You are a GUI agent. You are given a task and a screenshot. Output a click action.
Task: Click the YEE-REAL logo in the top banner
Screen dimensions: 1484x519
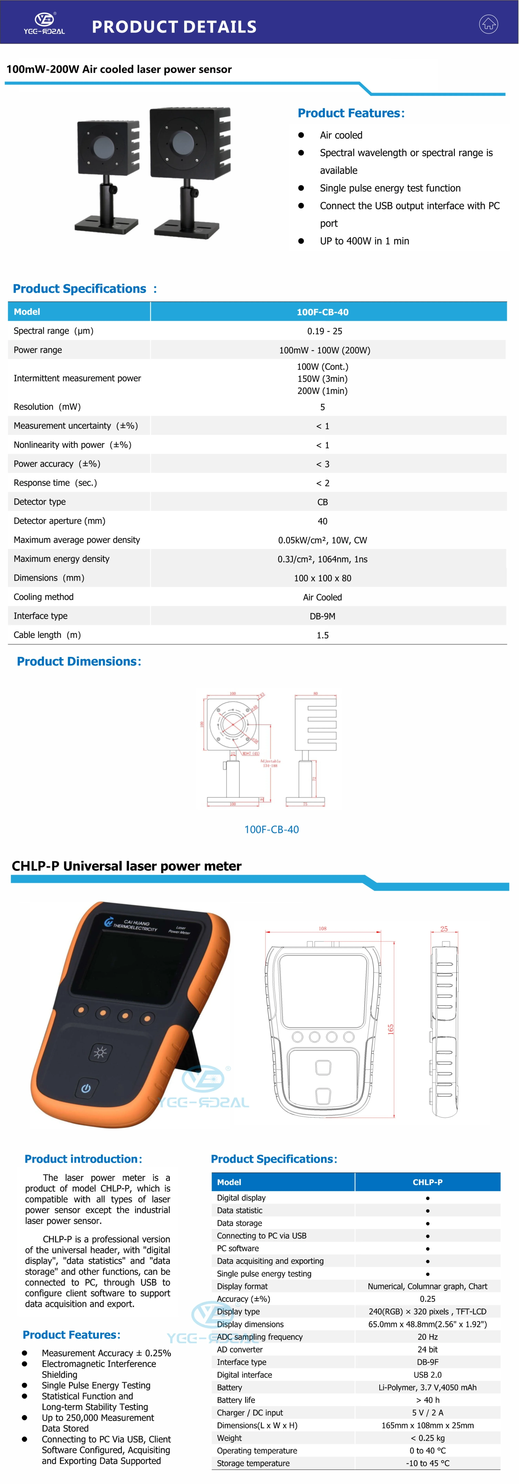pyautogui.click(x=44, y=23)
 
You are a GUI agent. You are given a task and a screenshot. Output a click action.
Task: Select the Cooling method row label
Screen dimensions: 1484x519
pyautogui.click(x=44, y=597)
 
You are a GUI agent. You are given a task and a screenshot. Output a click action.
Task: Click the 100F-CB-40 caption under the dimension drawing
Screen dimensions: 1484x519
pyautogui.click(x=271, y=830)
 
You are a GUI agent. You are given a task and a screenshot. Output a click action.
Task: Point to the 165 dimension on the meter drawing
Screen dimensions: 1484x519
pyautogui.click(x=391, y=1029)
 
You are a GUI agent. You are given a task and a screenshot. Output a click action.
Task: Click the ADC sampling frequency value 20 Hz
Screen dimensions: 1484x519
pyautogui.click(x=427, y=1337)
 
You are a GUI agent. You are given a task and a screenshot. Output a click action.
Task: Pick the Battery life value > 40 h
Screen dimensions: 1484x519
pyautogui.click(x=427, y=1400)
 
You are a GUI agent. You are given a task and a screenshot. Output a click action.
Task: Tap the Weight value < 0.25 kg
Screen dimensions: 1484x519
pyautogui.click(x=427, y=1438)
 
